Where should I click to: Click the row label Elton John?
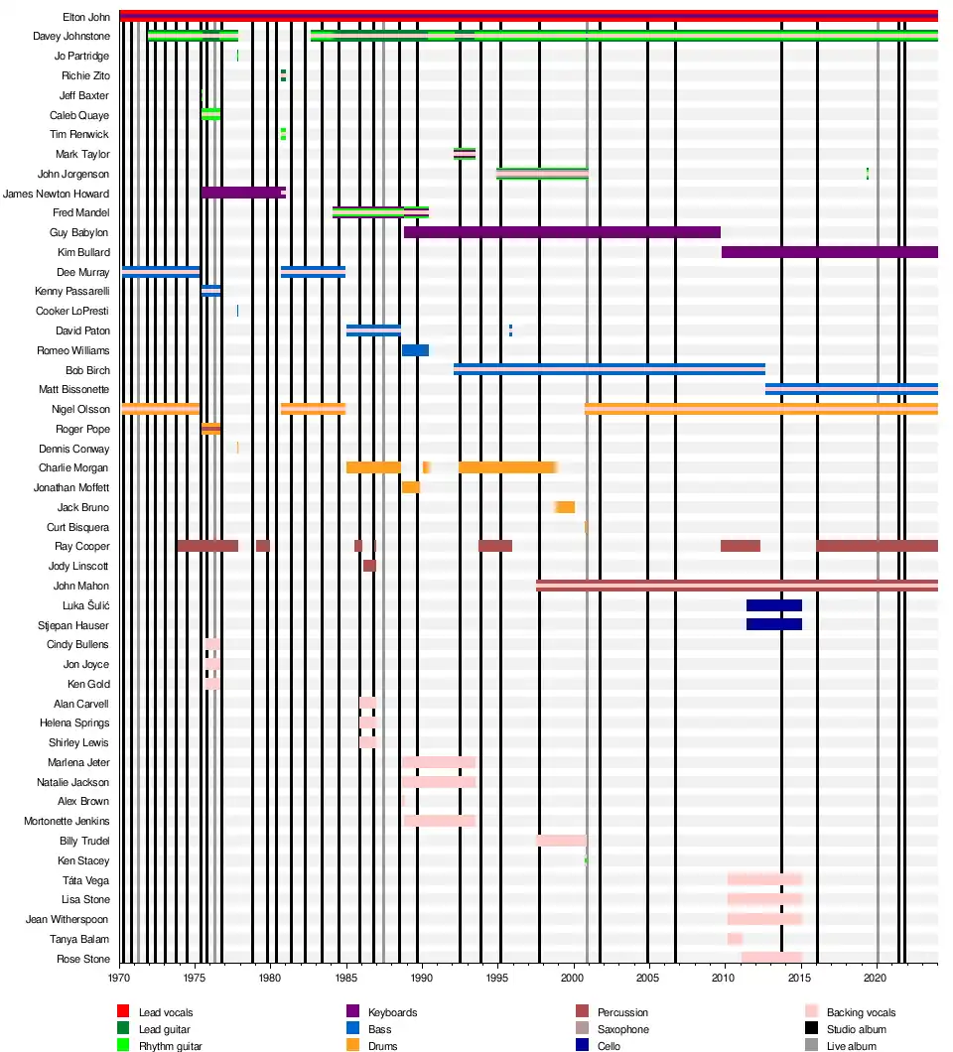coord(86,17)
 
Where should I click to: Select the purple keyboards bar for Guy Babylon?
coord(562,232)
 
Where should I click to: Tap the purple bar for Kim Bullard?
coord(829,252)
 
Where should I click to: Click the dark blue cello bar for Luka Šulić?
coord(773,605)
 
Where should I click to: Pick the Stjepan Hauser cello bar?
coord(773,624)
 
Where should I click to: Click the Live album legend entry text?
coord(851,1046)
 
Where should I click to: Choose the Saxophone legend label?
coord(623,1029)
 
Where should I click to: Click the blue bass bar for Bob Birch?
coord(610,369)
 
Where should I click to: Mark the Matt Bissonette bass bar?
coord(851,389)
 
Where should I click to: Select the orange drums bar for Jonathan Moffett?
coord(410,487)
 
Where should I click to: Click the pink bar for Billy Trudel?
coord(561,841)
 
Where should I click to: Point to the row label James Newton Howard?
coord(57,194)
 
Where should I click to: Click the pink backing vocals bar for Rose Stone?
coord(771,958)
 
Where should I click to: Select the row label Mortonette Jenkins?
coord(67,821)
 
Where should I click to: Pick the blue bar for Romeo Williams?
coord(415,350)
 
